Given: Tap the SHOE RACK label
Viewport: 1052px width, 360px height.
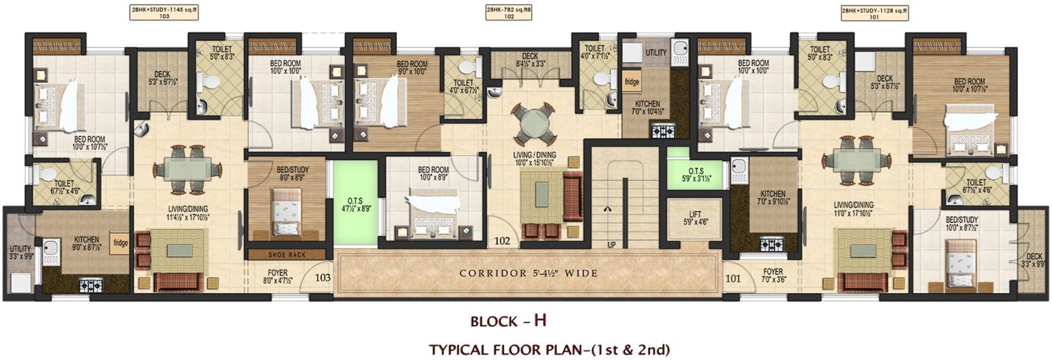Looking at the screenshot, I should (286, 254).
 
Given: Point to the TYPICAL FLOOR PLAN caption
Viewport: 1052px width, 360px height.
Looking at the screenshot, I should (549, 348).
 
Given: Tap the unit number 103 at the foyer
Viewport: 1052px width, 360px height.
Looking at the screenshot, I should (322, 277).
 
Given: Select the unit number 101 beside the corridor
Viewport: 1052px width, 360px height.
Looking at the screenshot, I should (732, 277).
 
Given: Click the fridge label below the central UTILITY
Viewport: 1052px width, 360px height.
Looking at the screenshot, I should (632, 81).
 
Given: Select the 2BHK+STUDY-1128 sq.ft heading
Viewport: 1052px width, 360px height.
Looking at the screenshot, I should (874, 11).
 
